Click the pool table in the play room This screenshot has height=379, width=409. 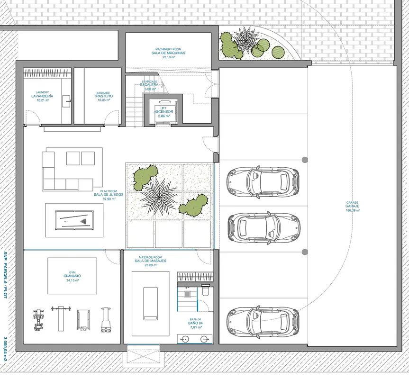[74, 220]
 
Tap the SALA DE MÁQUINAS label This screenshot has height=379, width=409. [168, 53]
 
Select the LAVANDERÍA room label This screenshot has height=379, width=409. [42, 96]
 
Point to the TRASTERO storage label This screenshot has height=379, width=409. [103, 96]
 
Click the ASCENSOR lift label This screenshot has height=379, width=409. [164, 111]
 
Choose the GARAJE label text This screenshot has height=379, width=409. [353, 206]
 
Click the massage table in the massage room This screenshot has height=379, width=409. [151, 303]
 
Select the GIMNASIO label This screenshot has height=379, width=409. [72, 276]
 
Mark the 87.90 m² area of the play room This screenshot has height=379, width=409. [109, 199]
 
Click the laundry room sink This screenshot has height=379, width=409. [66, 101]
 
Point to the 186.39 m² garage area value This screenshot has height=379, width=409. [353, 210]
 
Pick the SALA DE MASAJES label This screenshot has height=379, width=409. [151, 261]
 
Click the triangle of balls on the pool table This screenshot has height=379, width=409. [83, 221]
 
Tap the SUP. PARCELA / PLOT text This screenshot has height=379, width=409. [5, 275]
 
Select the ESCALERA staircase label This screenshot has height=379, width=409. [149, 85]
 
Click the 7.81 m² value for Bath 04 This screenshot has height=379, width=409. [195, 327]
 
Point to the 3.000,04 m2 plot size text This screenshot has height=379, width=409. [5, 349]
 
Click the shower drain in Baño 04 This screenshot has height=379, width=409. [188, 294]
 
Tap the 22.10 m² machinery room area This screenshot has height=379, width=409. [169, 57]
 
